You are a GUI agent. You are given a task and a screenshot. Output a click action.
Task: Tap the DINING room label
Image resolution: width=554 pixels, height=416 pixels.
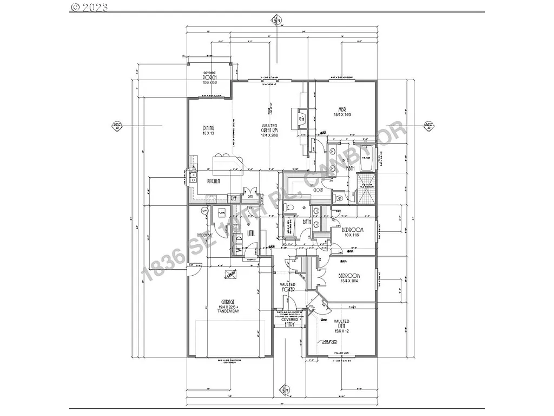click(x=209, y=129)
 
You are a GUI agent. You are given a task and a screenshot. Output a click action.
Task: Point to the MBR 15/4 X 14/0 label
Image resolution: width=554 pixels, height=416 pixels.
click(x=342, y=112)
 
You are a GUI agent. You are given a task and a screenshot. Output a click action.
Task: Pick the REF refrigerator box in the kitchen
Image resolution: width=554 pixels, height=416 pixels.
click(x=233, y=198)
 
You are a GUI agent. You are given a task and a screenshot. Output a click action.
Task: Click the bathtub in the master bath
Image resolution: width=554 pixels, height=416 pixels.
click(x=367, y=161)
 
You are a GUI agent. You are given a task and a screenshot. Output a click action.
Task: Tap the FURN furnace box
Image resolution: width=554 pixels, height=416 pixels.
click(x=221, y=213)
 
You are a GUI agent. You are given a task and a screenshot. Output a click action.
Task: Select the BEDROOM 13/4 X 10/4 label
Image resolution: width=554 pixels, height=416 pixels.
click(x=349, y=278)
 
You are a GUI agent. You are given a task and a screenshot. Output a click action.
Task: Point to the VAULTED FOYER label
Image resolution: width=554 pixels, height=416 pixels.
click(x=287, y=287)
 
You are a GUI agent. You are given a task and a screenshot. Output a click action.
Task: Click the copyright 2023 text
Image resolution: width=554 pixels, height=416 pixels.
click(x=89, y=7)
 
